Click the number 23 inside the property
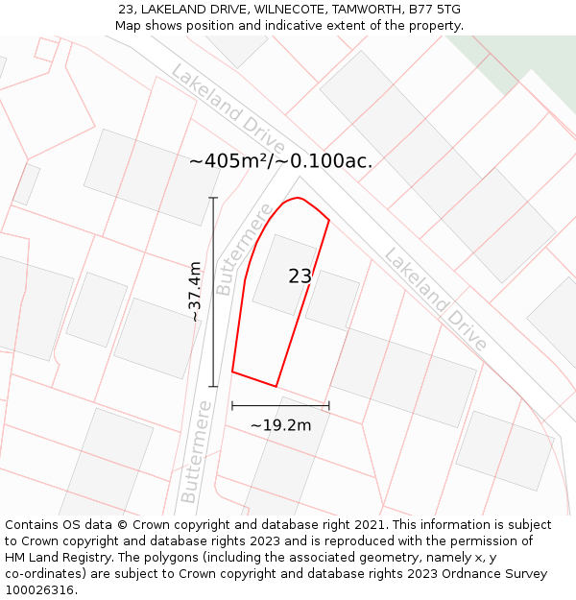click(x=300, y=276)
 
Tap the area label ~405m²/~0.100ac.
click(x=280, y=161)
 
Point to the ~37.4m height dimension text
click(x=194, y=291)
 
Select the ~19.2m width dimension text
click(x=280, y=425)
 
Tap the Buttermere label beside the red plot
click(x=238, y=249)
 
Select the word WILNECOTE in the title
click(x=286, y=10)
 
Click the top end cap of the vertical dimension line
click(x=213, y=198)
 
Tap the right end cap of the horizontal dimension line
click(x=329, y=406)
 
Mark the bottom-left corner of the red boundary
click(x=232, y=372)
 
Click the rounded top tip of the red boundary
click(x=300, y=199)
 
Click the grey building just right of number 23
click(x=333, y=300)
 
